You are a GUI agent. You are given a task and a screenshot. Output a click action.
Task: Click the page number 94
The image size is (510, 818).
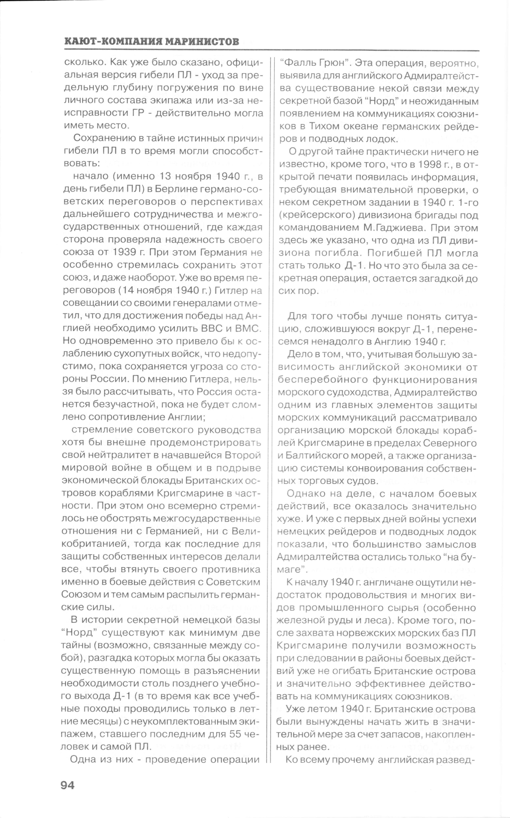[x=67, y=785]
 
